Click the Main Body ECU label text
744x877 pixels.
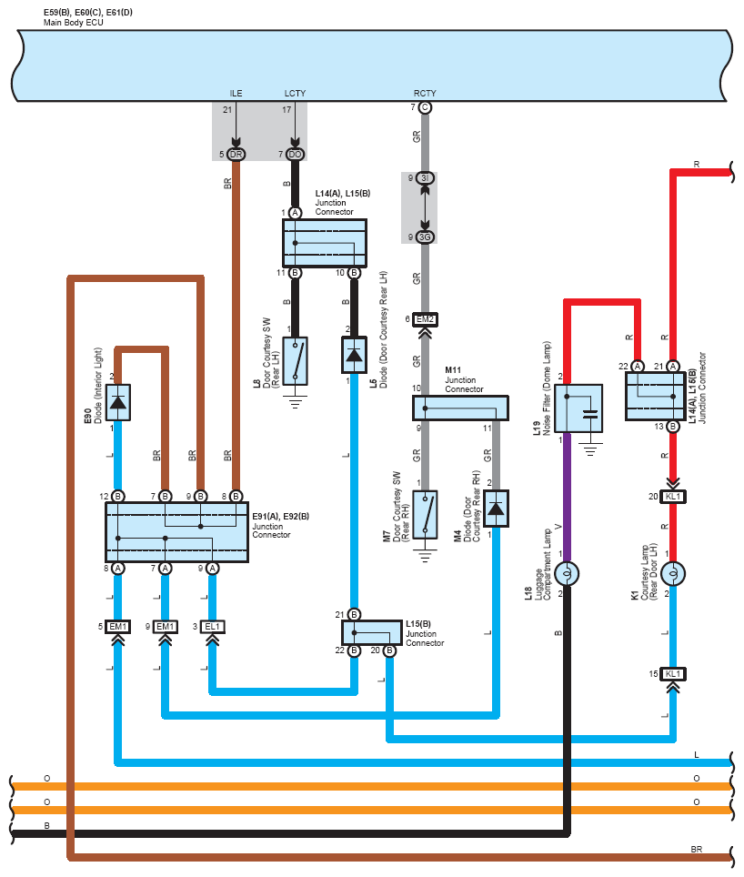74,23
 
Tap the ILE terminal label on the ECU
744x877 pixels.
236,94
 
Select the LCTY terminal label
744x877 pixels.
295,94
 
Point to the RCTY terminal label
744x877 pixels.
425,94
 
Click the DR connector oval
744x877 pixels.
236,155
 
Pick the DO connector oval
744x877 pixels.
295,155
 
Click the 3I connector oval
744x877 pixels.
425,178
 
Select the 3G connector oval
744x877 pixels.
425,237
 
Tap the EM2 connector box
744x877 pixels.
425,319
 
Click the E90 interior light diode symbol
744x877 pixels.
118,402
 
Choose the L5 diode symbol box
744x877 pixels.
354,355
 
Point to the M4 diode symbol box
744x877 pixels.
496,509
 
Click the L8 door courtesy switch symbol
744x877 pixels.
295,361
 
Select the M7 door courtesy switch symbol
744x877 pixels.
425,515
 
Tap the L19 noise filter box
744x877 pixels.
578,408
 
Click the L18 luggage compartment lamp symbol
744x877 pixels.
567,573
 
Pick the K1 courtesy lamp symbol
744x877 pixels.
673,573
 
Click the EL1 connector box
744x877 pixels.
213,627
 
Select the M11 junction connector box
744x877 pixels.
460,408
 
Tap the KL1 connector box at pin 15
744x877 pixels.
673,674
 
